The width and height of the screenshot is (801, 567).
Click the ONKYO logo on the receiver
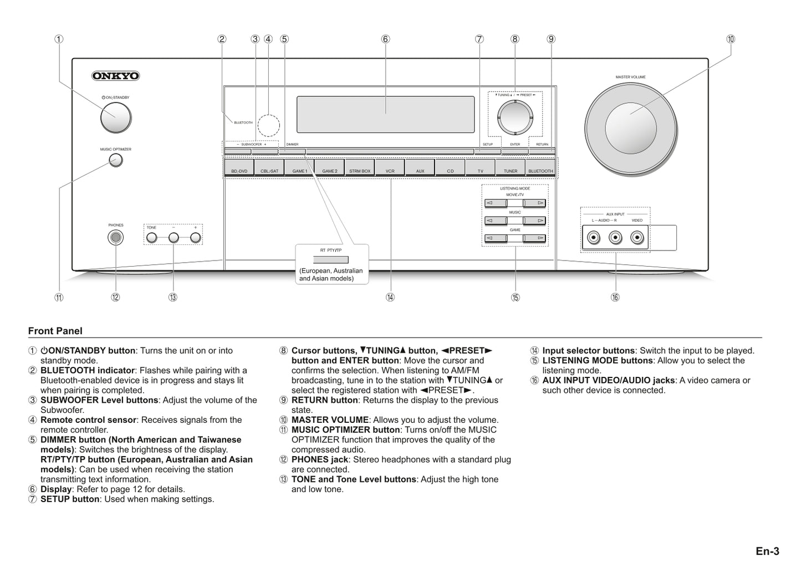click(x=115, y=76)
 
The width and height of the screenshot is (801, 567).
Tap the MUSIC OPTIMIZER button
click(x=115, y=161)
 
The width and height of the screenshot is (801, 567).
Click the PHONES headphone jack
click(x=115, y=238)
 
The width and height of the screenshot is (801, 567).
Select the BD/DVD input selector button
click(x=239, y=167)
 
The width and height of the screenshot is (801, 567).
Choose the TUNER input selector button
click(x=510, y=167)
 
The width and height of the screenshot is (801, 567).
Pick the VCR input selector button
click(x=390, y=167)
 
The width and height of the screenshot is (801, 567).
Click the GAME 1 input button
click(x=299, y=167)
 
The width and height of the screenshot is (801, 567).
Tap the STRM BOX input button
click(x=360, y=167)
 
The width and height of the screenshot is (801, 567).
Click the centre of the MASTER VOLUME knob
click(x=630, y=128)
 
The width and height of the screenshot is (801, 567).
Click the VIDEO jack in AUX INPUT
click(x=637, y=238)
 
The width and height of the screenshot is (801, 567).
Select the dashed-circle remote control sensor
click(x=268, y=125)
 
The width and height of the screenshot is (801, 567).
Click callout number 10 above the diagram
click(x=731, y=39)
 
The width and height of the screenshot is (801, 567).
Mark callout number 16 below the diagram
click(x=615, y=298)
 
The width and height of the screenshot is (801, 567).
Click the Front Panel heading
click(x=55, y=331)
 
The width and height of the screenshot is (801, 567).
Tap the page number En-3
click(x=767, y=551)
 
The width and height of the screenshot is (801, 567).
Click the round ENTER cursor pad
click(x=515, y=118)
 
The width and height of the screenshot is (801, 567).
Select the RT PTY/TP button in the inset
click(x=331, y=260)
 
